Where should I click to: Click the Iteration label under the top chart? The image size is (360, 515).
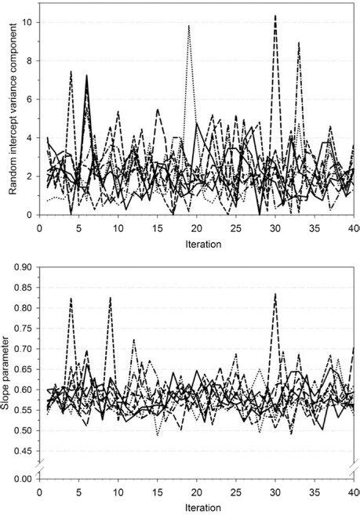point(198,244)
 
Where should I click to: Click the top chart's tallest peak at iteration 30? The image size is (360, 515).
point(275,16)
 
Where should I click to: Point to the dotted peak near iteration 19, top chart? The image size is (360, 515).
point(189,26)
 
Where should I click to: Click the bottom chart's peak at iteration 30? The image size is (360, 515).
point(275,294)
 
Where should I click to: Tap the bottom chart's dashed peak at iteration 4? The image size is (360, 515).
point(71,299)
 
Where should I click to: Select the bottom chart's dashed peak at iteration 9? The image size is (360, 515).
point(111,298)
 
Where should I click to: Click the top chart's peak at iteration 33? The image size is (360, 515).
point(299,43)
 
